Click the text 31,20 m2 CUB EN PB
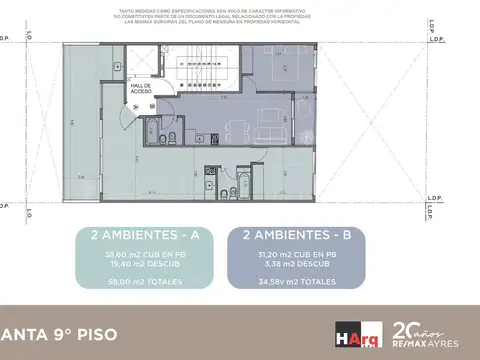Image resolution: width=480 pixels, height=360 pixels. (x=296, y=254)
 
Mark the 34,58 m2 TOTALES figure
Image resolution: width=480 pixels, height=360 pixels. (x=296, y=282)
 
